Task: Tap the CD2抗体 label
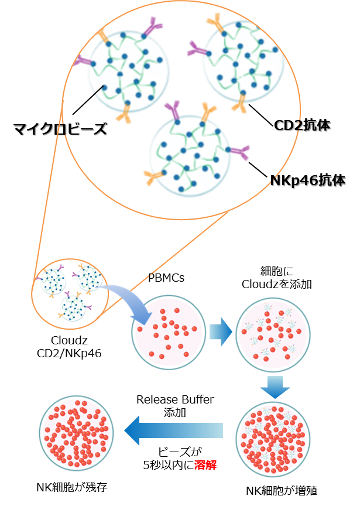303,125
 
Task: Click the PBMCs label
167,278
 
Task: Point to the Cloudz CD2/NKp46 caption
70,346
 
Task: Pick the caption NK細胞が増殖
282,491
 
